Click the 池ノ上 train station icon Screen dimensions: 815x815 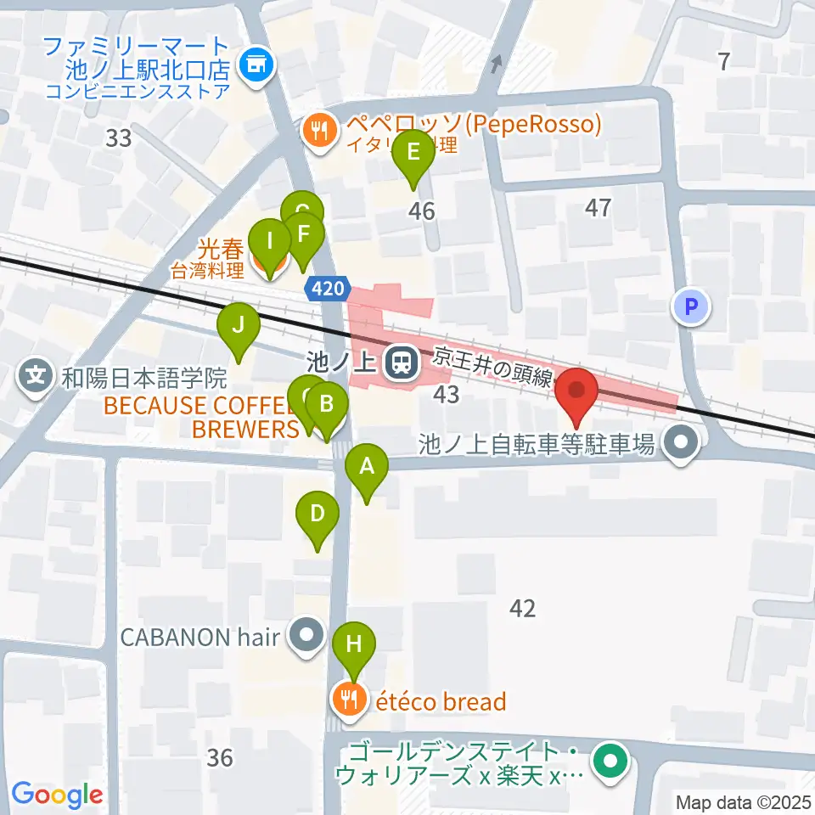[x=399, y=363]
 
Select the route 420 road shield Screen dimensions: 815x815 [x=327, y=289]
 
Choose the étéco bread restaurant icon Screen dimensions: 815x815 [x=349, y=701]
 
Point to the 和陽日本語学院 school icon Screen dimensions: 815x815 [x=37, y=374]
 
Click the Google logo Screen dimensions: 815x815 [x=58, y=795]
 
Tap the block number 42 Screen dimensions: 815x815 [x=523, y=608]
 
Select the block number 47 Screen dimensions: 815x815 [x=599, y=207]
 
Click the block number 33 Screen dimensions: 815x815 [x=119, y=138]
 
